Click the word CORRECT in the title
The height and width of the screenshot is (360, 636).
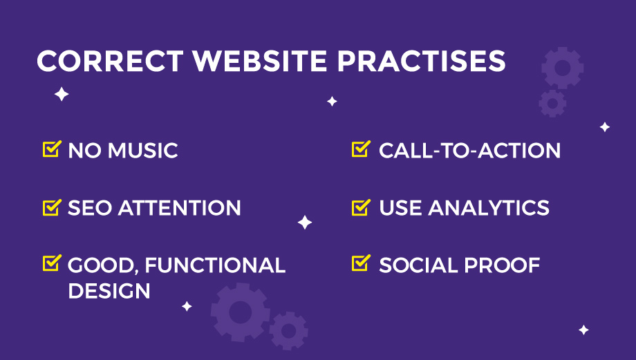111,61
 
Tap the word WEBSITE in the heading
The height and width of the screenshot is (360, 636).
260,61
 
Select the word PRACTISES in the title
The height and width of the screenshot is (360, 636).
422,61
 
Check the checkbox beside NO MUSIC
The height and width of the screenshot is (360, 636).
52,149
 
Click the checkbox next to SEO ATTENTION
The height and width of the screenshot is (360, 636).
52,207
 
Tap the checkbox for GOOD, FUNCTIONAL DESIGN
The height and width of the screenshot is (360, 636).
52,263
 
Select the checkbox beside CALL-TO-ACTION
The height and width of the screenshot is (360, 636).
361,149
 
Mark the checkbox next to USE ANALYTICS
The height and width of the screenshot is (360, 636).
361,207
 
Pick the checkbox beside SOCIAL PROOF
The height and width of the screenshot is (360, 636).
361,263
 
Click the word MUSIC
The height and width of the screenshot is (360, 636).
143,151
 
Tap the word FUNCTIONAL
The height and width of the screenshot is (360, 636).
215,265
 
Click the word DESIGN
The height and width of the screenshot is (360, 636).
109,291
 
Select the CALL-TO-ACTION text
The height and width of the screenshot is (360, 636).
469,151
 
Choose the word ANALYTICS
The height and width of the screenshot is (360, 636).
489,208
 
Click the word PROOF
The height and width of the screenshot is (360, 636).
502,265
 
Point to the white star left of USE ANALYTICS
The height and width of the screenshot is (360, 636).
305,222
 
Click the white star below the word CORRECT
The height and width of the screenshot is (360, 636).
62,94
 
